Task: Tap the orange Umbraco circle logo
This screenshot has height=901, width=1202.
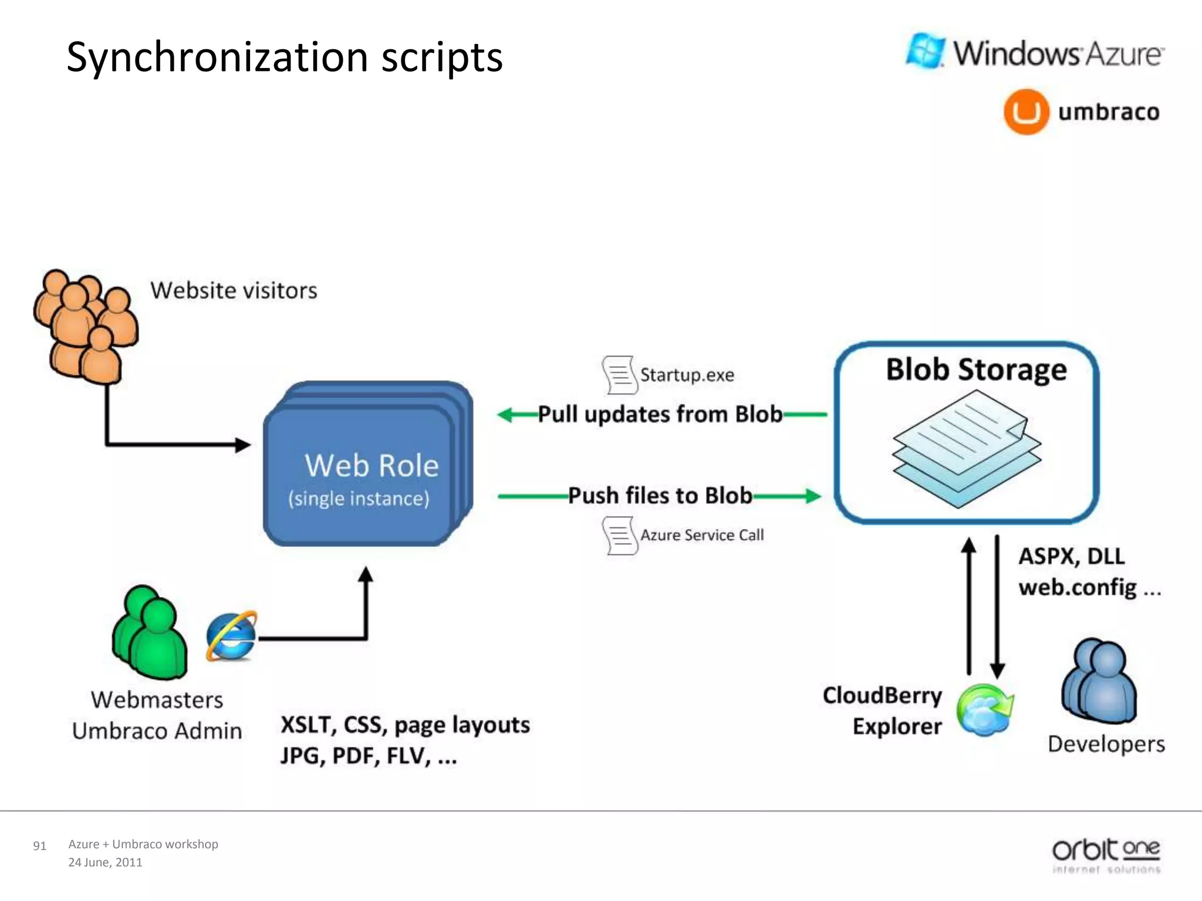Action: click(1025, 111)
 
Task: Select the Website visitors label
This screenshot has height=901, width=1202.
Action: click(234, 290)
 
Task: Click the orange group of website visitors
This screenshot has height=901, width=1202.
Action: click(86, 326)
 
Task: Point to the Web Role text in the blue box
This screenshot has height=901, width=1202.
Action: click(372, 466)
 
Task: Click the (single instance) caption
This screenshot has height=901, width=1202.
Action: click(359, 499)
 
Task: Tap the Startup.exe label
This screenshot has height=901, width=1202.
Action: click(687, 375)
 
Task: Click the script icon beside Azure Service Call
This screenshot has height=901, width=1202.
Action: click(620, 536)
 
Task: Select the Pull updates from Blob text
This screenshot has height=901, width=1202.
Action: click(660, 414)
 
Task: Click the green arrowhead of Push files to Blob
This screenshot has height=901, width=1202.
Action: click(812, 496)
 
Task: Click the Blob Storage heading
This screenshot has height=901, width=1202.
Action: click(976, 370)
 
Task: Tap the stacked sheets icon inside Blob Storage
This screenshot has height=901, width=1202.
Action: click(966, 449)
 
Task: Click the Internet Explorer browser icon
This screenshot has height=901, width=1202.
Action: click(231, 636)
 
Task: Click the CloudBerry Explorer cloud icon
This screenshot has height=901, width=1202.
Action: click(985, 710)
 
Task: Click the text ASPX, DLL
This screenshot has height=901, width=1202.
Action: click(1071, 556)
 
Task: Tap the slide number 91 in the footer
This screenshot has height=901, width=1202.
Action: click(39, 846)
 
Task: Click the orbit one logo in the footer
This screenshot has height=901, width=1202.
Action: click(1106, 854)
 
